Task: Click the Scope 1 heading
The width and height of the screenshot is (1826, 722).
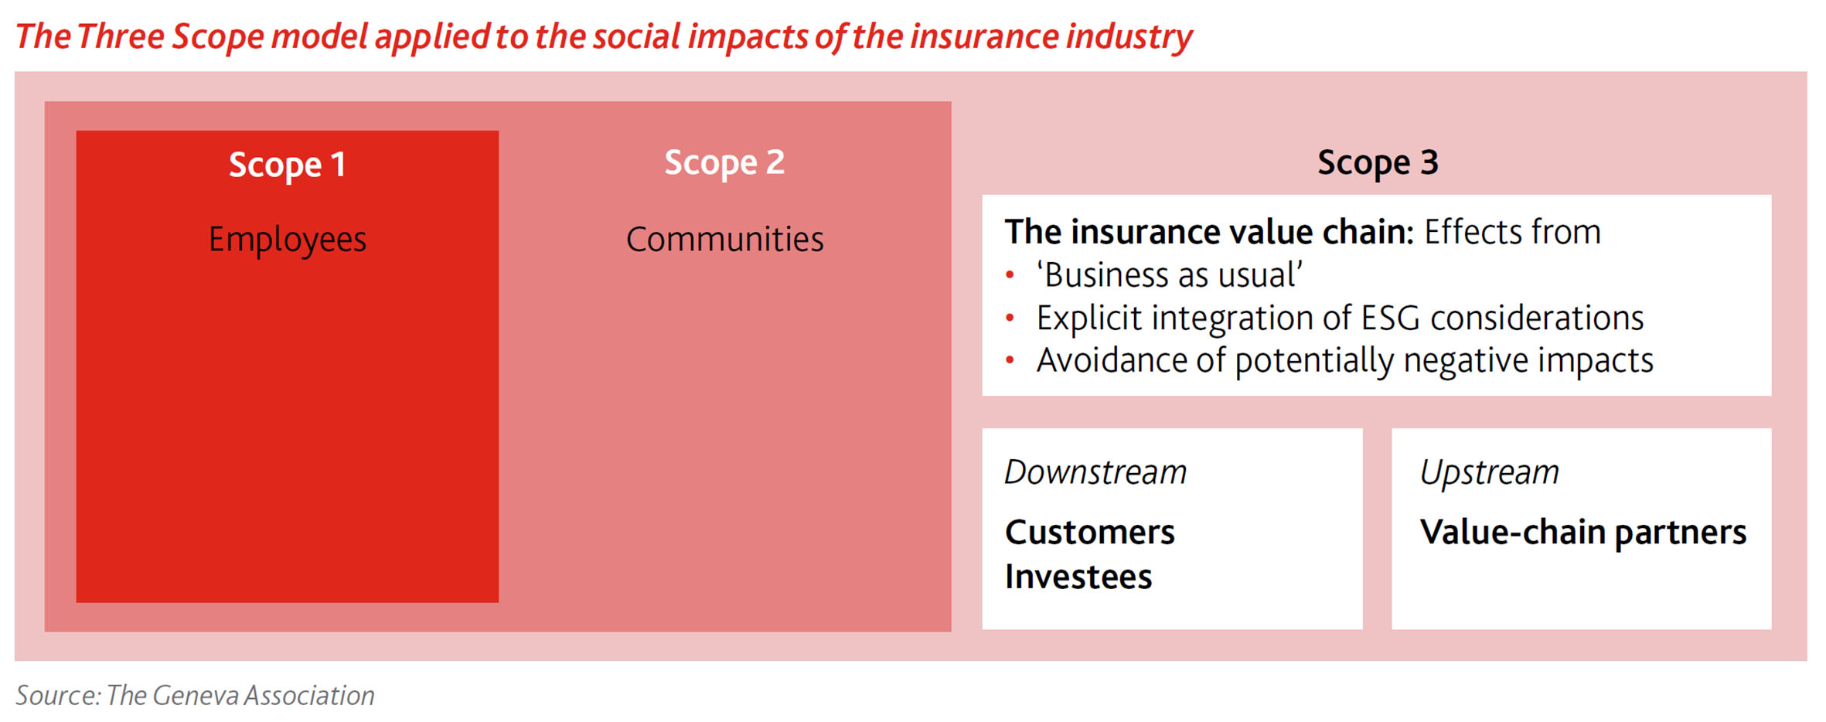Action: click(287, 165)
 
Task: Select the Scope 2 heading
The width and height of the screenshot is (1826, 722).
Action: click(724, 163)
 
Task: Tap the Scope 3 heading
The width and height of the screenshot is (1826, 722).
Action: click(1378, 163)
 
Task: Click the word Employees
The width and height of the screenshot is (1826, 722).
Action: click(288, 240)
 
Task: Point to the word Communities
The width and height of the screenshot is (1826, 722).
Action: click(724, 239)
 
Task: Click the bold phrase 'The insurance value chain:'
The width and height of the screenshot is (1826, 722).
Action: click(1209, 232)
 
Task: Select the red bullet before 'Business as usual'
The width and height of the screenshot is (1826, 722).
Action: click(1010, 274)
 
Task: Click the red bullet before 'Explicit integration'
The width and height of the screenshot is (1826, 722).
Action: click(1010, 318)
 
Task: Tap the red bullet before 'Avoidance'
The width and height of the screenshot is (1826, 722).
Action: click(1010, 360)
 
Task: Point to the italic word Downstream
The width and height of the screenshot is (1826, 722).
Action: click(1095, 472)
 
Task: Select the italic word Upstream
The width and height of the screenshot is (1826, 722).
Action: click(1490, 473)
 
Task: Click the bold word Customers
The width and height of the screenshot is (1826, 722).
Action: click(1090, 533)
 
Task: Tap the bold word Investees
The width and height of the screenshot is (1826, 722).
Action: click(1078, 577)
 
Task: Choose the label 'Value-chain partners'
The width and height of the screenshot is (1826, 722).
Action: click(1583, 533)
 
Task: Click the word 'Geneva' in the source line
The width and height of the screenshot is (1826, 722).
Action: click(196, 696)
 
